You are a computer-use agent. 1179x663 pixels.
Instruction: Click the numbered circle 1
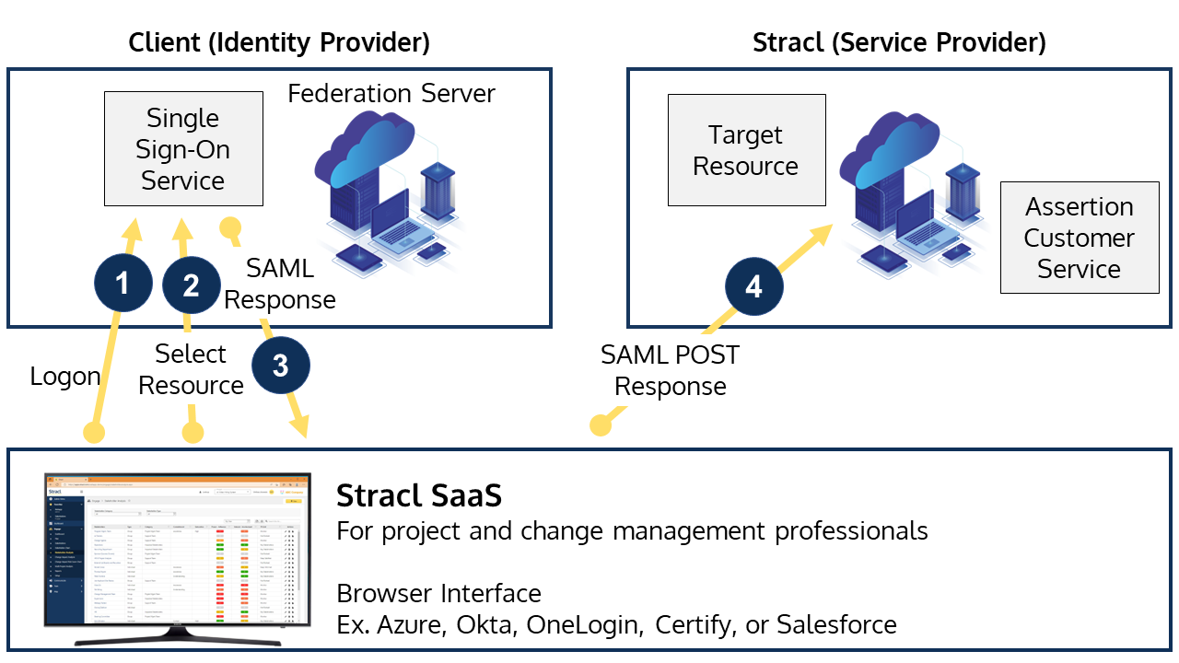coord(123,284)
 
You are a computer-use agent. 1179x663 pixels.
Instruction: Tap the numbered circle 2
coord(191,285)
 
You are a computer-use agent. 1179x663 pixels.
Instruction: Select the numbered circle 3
coord(280,366)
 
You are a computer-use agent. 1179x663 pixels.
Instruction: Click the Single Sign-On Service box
coord(183,148)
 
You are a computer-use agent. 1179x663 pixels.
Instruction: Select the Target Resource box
coord(746,150)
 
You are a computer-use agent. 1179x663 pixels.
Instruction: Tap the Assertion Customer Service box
coord(1079,238)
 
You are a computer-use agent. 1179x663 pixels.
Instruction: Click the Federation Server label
coord(391,94)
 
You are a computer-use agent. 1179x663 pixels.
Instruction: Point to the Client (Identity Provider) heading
coord(279,42)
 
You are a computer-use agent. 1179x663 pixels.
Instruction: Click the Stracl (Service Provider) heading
coord(899,42)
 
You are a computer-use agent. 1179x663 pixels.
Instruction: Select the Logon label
coord(64,376)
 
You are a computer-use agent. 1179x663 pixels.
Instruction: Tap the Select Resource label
coord(191,369)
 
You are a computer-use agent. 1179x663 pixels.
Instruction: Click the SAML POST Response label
coord(670,370)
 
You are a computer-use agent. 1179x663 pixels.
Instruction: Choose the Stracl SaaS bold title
coord(419,495)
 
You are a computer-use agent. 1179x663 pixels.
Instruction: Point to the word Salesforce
coord(836,624)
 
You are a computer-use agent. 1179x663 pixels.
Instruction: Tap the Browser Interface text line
coord(438,592)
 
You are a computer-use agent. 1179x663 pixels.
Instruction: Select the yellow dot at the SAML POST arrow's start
coord(601,425)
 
